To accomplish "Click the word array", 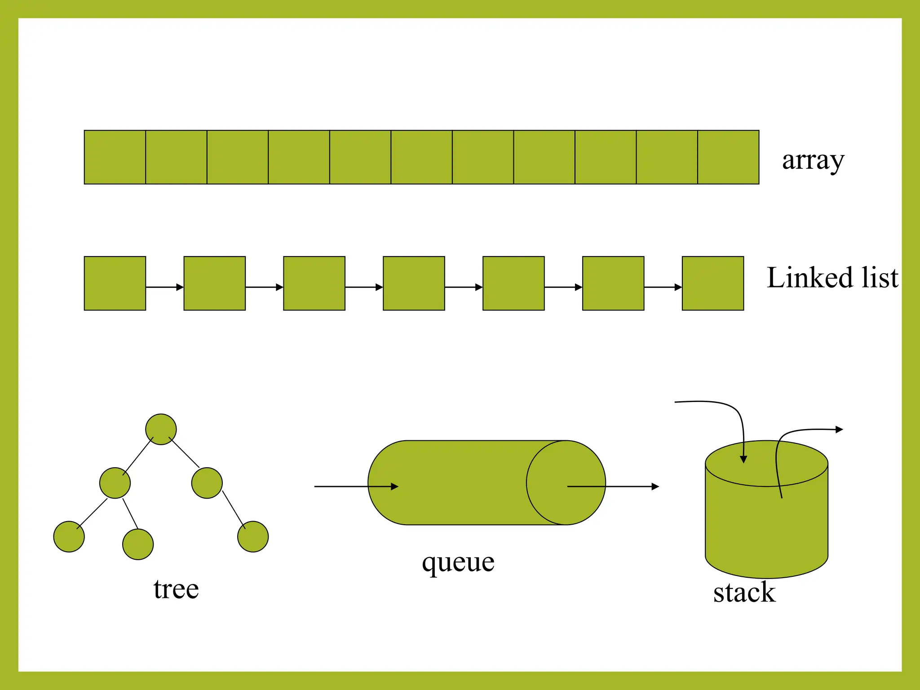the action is tap(813, 161).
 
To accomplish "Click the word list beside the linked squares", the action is tap(880, 278).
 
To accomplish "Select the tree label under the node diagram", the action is tap(176, 589).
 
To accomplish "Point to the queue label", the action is tap(458, 562).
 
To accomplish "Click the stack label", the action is tap(744, 593).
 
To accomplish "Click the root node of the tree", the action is tap(161, 429).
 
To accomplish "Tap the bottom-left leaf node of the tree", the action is tap(69, 536).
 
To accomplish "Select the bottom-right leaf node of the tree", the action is tap(253, 536).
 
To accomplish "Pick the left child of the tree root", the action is tap(115, 483).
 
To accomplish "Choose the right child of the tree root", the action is tap(207, 483).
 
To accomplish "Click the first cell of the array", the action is tap(115, 157).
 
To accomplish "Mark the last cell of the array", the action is tap(728, 157).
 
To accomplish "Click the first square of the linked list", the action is tap(115, 283).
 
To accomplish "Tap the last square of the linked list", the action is tap(713, 283).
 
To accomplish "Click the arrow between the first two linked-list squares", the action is tap(165, 287).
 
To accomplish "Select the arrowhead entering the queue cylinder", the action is tap(394, 487).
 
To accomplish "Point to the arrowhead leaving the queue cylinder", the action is tap(655, 487).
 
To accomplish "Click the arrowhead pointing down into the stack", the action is tap(743, 459).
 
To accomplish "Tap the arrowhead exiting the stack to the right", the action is tap(839, 429).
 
